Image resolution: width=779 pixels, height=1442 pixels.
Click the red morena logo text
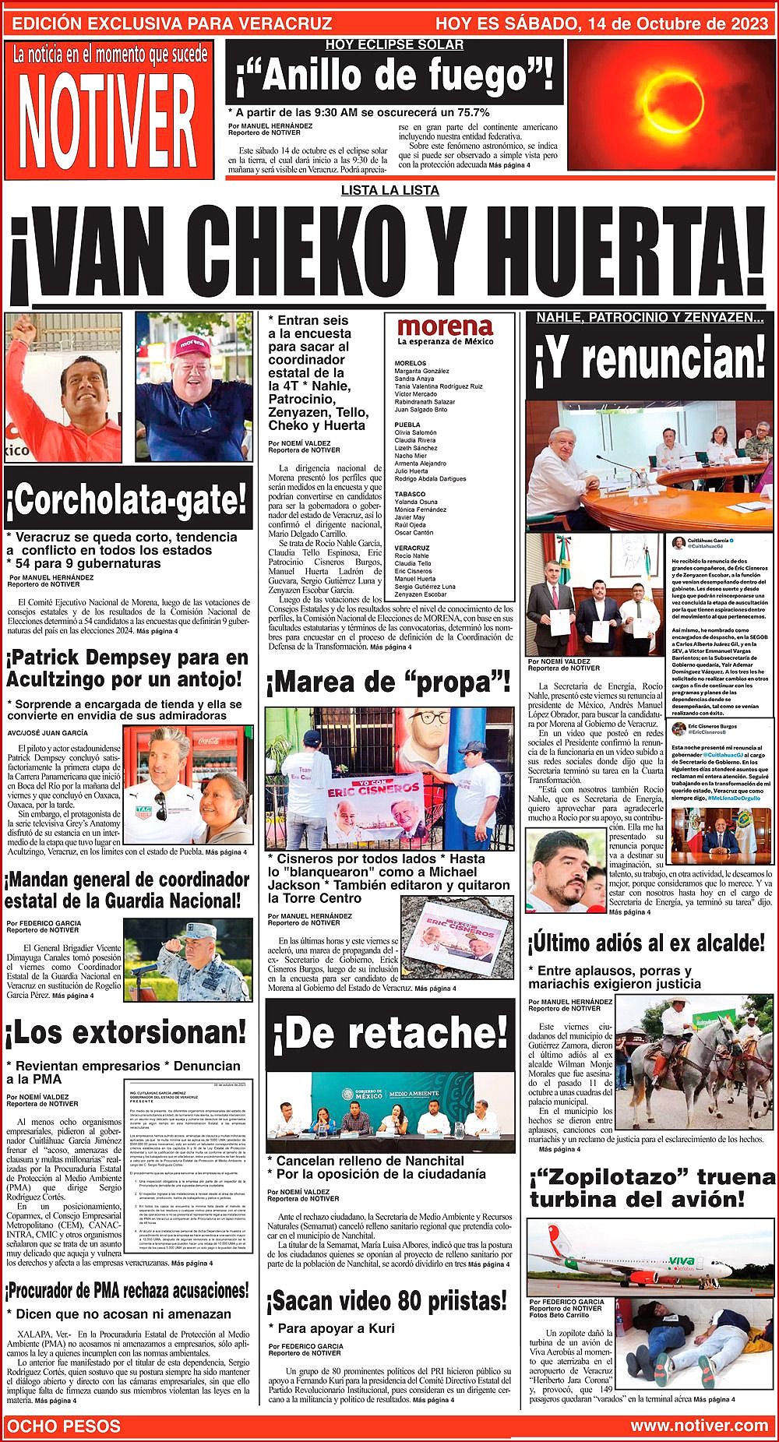(x=444, y=327)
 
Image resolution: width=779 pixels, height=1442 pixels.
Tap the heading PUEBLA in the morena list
(x=408, y=425)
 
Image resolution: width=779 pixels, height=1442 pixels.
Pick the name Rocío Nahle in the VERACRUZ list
(x=412, y=556)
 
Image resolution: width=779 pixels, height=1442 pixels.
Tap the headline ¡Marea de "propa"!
(x=388, y=683)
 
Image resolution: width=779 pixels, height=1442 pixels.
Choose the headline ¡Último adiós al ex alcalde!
(x=647, y=943)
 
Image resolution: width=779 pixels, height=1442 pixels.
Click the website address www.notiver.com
(x=699, y=1426)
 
